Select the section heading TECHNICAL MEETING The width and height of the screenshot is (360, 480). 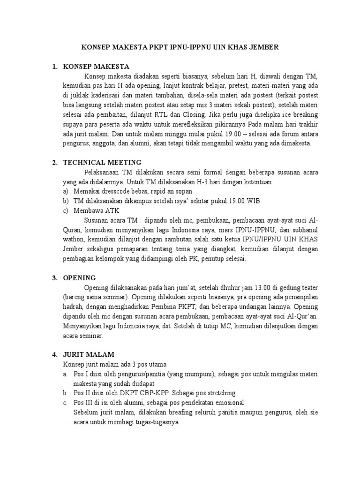tap(102, 162)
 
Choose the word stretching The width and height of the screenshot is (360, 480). tap(219, 393)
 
